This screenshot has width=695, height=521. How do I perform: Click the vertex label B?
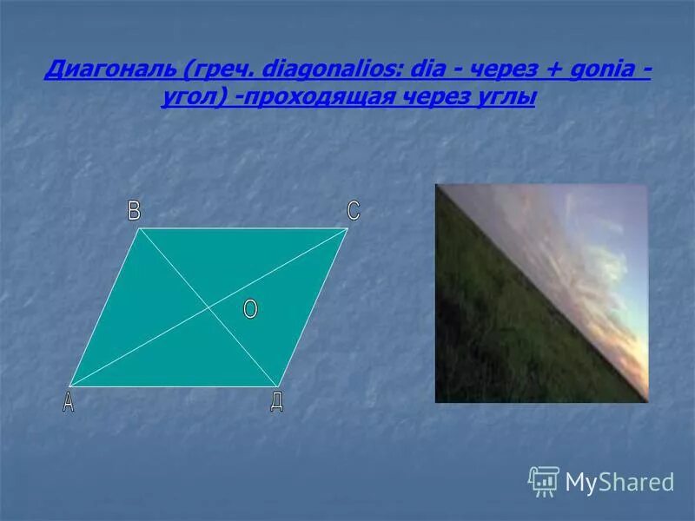coord(134,211)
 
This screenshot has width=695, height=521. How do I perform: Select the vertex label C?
coord(353,211)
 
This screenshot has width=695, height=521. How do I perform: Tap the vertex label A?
coord(68,403)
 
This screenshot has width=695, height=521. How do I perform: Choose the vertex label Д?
coord(276,402)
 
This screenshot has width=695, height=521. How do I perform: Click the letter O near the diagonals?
coord(250,310)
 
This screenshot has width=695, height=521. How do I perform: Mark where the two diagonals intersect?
coord(208,307)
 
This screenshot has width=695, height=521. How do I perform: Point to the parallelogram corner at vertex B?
coord(140,229)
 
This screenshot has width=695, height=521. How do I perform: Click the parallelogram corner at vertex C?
coord(347,229)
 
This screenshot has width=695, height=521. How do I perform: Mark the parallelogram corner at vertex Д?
coord(278,386)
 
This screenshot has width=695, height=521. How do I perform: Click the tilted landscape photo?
coord(541,293)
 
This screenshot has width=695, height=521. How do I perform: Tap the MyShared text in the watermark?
coord(619,482)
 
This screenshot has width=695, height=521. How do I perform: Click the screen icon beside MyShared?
coord(544,480)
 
